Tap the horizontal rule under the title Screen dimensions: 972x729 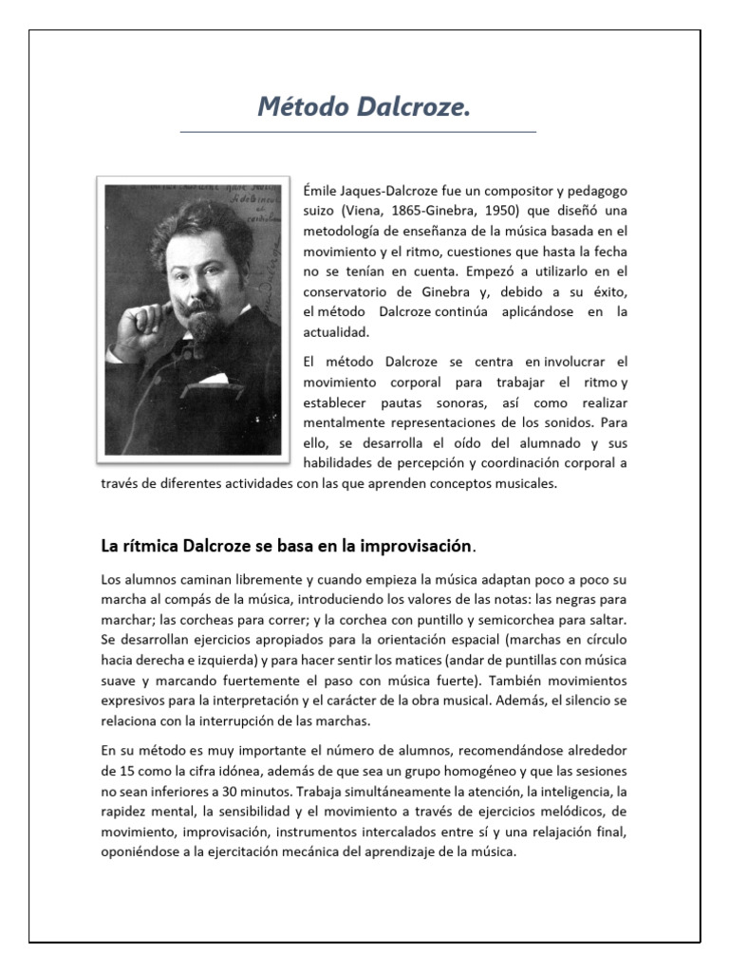point(358,132)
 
